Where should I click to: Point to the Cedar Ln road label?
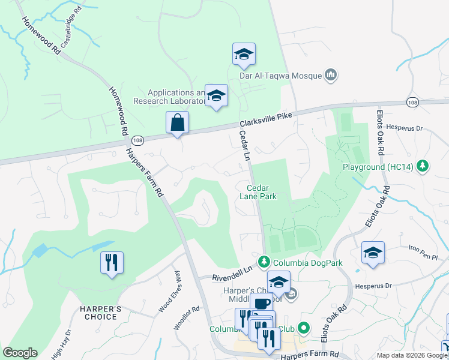[x=244, y=146]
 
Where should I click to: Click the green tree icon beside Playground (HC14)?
[x=423, y=166]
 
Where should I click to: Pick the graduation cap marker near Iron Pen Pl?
[x=373, y=253]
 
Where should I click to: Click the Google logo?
[x=20, y=353]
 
